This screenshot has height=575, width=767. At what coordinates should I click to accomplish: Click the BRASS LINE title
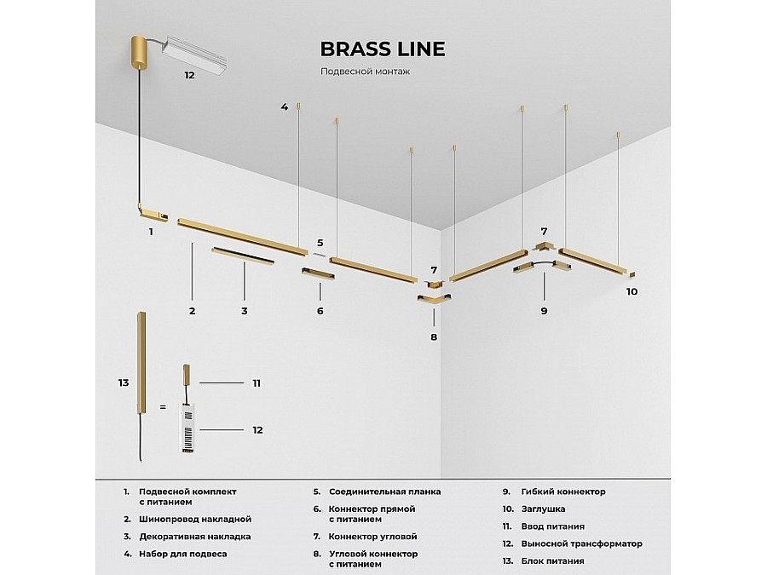point(382,49)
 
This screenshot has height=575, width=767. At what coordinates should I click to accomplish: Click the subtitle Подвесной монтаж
point(365,72)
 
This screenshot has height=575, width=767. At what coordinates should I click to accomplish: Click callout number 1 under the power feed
point(151,231)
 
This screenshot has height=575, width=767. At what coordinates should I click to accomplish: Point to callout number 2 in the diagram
point(193,311)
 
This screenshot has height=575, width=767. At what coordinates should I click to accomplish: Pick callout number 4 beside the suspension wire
point(285,106)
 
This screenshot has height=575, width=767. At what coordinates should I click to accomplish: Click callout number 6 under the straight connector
point(320,311)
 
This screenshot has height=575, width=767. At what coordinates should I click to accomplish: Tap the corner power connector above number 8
point(434,299)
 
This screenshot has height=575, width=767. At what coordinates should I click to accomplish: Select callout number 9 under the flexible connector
point(543,311)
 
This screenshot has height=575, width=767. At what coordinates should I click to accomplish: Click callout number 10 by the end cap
point(631,291)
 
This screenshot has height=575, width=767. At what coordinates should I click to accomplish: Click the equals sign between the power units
point(162,408)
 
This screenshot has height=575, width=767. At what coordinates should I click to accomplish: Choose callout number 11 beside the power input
point(256,383)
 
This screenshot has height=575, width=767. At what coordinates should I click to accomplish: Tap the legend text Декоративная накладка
point(194,537)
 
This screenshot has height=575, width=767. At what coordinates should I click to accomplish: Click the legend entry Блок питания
point(555,561)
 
